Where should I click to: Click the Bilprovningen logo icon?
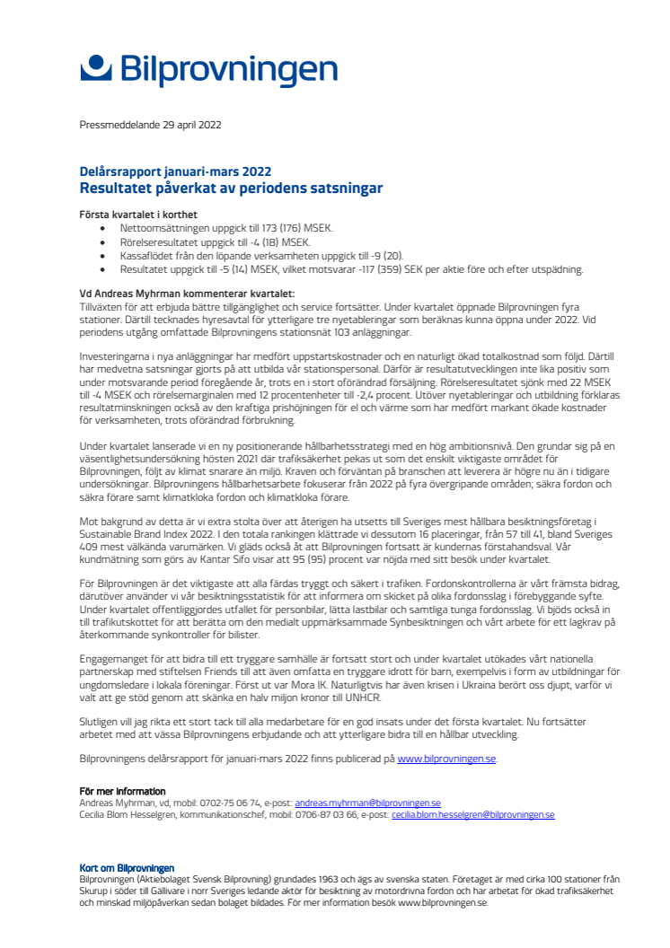97,68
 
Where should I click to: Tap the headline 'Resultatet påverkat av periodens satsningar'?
231,188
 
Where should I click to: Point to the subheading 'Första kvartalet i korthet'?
138,215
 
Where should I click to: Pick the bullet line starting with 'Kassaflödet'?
254,255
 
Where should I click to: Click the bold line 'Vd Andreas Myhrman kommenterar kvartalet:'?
187,294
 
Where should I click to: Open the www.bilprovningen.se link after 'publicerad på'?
445,759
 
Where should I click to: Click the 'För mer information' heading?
118,791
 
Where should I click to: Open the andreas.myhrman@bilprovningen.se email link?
367,803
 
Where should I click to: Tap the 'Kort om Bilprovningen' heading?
127,868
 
